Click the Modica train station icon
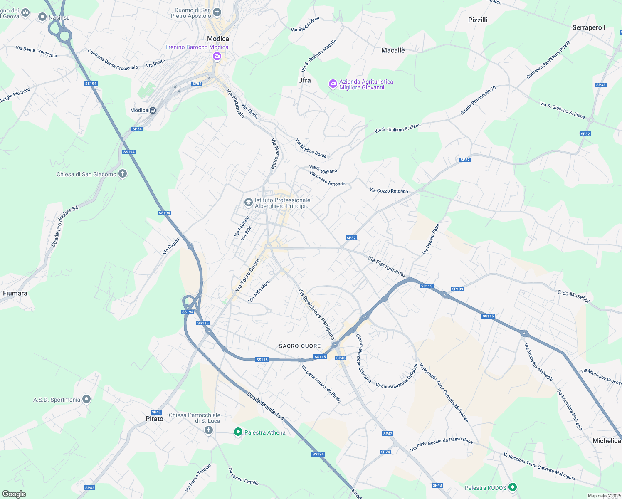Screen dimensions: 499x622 click(x=153, y=111)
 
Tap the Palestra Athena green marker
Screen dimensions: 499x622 click(x=238, y=432)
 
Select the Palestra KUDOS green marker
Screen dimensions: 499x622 click(x=513, y=487)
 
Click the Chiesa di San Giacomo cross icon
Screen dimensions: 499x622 click(x=122, y=174)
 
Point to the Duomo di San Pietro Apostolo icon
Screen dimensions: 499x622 click(x=217, y=12)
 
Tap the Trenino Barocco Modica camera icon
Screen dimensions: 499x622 click(x=217, y=56)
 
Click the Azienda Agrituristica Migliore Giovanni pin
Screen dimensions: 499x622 click(x=333, y=84)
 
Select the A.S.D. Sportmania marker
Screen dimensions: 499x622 click(x=86, y=399)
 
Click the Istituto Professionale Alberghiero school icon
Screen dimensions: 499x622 click(x=248, y=203)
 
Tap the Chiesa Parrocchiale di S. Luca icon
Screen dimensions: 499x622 click(x=209, y=430)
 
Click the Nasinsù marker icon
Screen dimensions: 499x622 click(x=42, y=17)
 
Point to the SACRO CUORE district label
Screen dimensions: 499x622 click(x=300, y=346)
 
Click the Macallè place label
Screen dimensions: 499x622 click(x=393, y=50)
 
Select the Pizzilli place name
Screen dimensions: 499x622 click(x=477, y=20)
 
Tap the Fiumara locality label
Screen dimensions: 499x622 click(x=15, y=293)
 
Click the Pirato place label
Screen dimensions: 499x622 click(x=154, y=419)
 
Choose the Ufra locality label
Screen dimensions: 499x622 click(x=304, y=80)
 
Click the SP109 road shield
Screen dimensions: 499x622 click(x=457, y=289)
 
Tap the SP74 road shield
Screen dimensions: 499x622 click(x=385, y=452)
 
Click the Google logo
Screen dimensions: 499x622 click(x=14, y=494)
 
